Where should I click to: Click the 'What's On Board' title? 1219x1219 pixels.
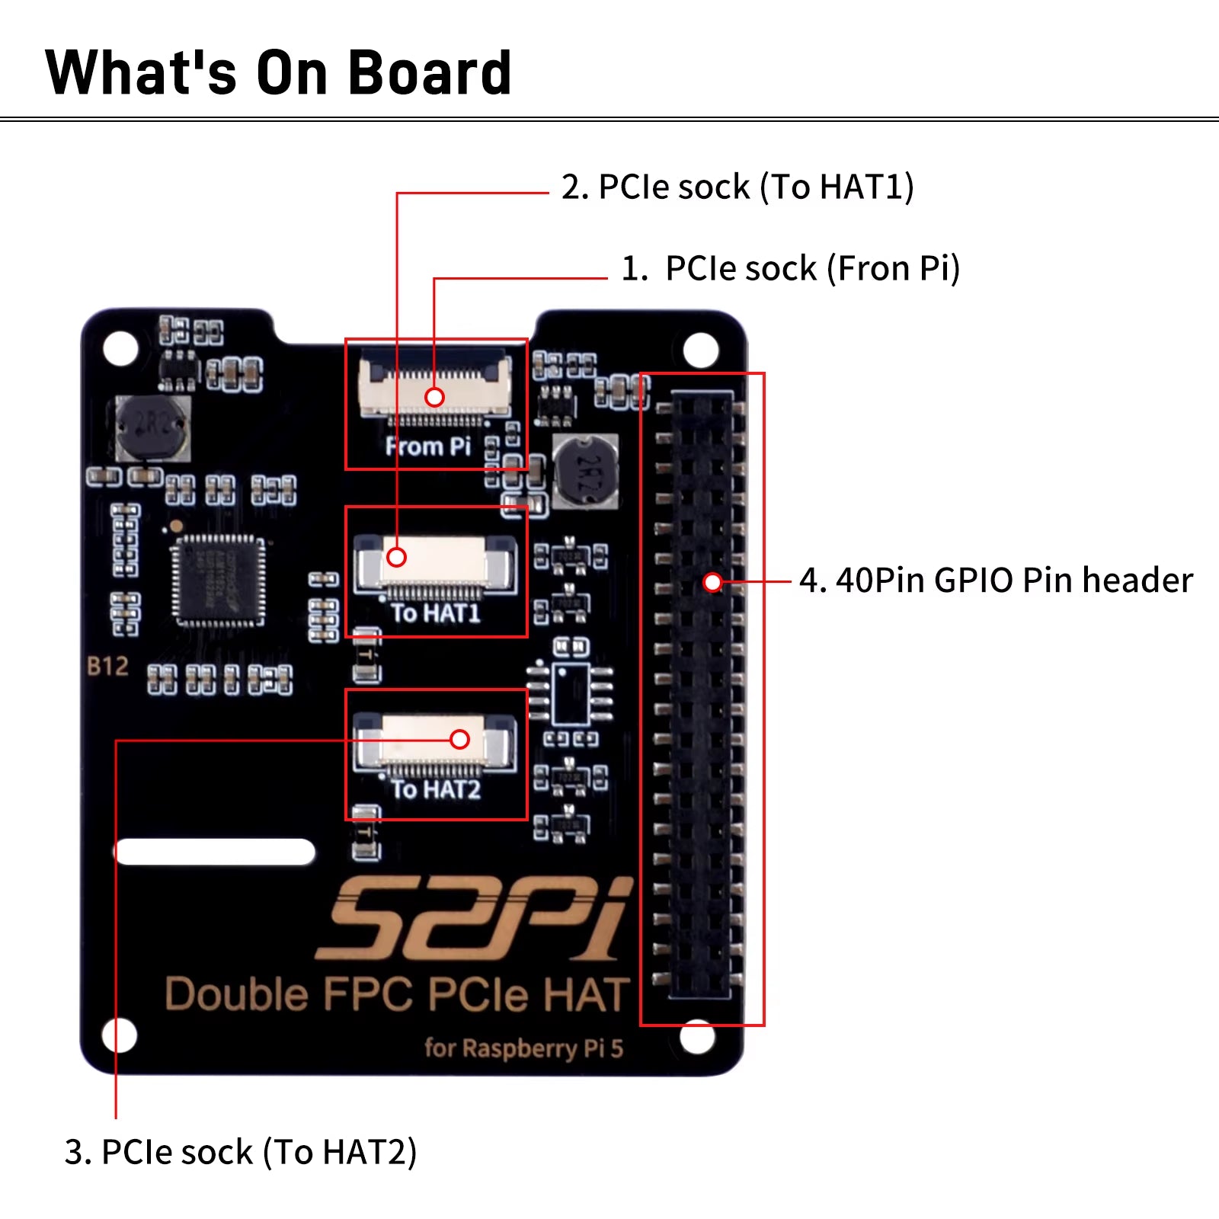coord(278,73)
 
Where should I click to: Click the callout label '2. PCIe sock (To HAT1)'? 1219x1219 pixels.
coord(737,187)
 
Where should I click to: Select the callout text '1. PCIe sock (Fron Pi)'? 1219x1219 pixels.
coord(790,269)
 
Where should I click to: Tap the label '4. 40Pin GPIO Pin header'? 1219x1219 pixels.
coord(995,581)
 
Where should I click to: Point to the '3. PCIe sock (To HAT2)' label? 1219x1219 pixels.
coord(241,1152)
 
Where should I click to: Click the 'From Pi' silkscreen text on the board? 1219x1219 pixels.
coord(427,446)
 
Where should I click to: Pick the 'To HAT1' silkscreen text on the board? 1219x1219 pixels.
coord(436,613)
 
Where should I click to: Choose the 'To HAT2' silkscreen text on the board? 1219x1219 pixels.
coord(436,789)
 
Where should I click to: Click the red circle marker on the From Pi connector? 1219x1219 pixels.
coord(434,397)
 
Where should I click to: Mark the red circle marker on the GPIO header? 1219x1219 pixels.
coord(712,583)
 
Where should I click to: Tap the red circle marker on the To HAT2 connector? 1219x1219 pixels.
coord(459,739)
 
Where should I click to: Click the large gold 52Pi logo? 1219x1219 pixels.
coord(474,919)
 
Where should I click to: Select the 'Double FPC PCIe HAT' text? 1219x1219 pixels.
coord(397,995)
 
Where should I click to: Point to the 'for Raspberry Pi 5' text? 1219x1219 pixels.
coord(523,1048)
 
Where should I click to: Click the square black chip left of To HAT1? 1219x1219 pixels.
coord(219,581)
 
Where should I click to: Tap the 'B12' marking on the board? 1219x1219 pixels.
coord(107,667)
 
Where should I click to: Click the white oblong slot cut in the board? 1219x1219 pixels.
coord(215,852)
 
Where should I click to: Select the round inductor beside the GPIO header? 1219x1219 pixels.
coord(585,471)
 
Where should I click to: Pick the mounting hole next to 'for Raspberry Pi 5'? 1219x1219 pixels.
coord(696,1036)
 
